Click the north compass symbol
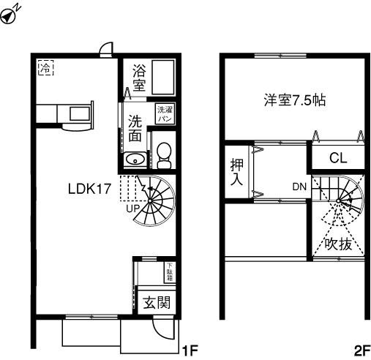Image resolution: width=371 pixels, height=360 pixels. [9, 17]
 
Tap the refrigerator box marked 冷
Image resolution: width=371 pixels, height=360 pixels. [45, 67]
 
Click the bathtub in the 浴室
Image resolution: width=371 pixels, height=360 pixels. [163, 77]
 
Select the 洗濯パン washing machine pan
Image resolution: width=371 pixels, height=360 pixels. [165, 114]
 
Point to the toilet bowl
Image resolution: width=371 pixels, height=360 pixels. [164, 155]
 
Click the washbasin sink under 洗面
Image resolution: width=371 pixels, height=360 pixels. [135, 160]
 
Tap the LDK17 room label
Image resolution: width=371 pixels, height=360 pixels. [89, 189]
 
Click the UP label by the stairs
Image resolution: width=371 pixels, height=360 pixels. [133, 208]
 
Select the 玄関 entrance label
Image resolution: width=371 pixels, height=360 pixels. [157, 302]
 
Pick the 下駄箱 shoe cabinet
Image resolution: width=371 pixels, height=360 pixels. [170, 272]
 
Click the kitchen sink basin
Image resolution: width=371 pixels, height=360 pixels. [80, 113]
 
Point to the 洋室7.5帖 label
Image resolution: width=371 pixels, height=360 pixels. [295, 100]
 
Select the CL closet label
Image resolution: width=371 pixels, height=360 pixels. [338, 158]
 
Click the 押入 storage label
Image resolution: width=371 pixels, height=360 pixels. [237, 172]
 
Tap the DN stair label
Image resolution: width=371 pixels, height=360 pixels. [299, 187]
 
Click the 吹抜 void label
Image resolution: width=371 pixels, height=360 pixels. [339, 244]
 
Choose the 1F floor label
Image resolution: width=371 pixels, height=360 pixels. [190, 350]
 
